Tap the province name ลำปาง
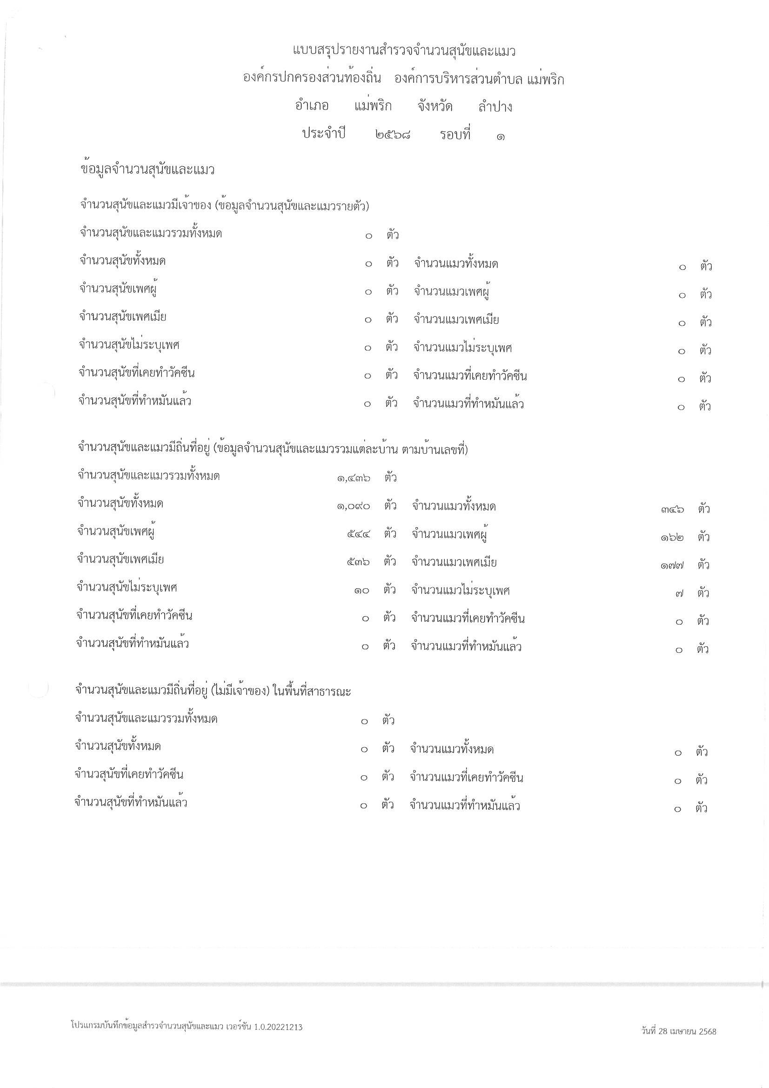pos(495,107)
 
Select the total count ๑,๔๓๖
pos(354,478)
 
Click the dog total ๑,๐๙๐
pos(354,506)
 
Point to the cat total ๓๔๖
pos(672,510)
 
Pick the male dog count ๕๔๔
pos(358,535)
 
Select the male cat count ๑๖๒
pos(672,538)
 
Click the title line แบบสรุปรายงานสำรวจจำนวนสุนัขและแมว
pos(404,51)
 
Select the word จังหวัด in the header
pos(435,107)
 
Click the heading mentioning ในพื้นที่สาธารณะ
pos(213,691)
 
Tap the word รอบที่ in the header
pos(455,134)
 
